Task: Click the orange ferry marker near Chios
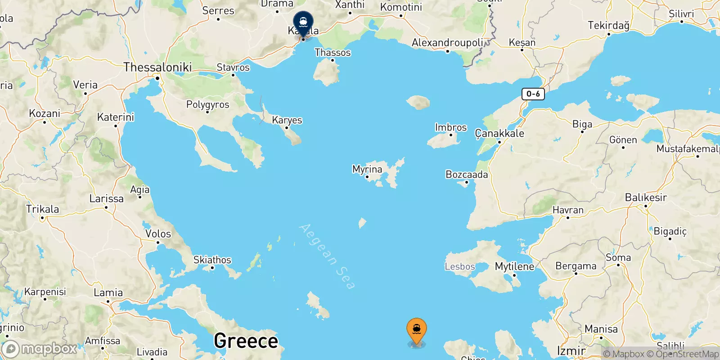[417, 331]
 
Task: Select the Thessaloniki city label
[157, 67]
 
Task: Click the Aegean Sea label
[327, 256]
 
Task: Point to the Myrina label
[367, 169]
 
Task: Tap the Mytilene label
[514, 266]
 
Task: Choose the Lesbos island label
[459, 266]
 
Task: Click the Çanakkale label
[499, 133]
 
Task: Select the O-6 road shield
[533, 94]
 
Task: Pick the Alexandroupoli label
[447, 43]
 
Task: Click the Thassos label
[333, 53]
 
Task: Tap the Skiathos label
[212, 260]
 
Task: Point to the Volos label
[158, 234]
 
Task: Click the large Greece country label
[246, 341]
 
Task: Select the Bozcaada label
[467, 174]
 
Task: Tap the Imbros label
[451, 127]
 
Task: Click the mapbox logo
[40, 349]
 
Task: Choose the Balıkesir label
[646, 197]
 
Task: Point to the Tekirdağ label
[608, 25]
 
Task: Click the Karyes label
[287, 120]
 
